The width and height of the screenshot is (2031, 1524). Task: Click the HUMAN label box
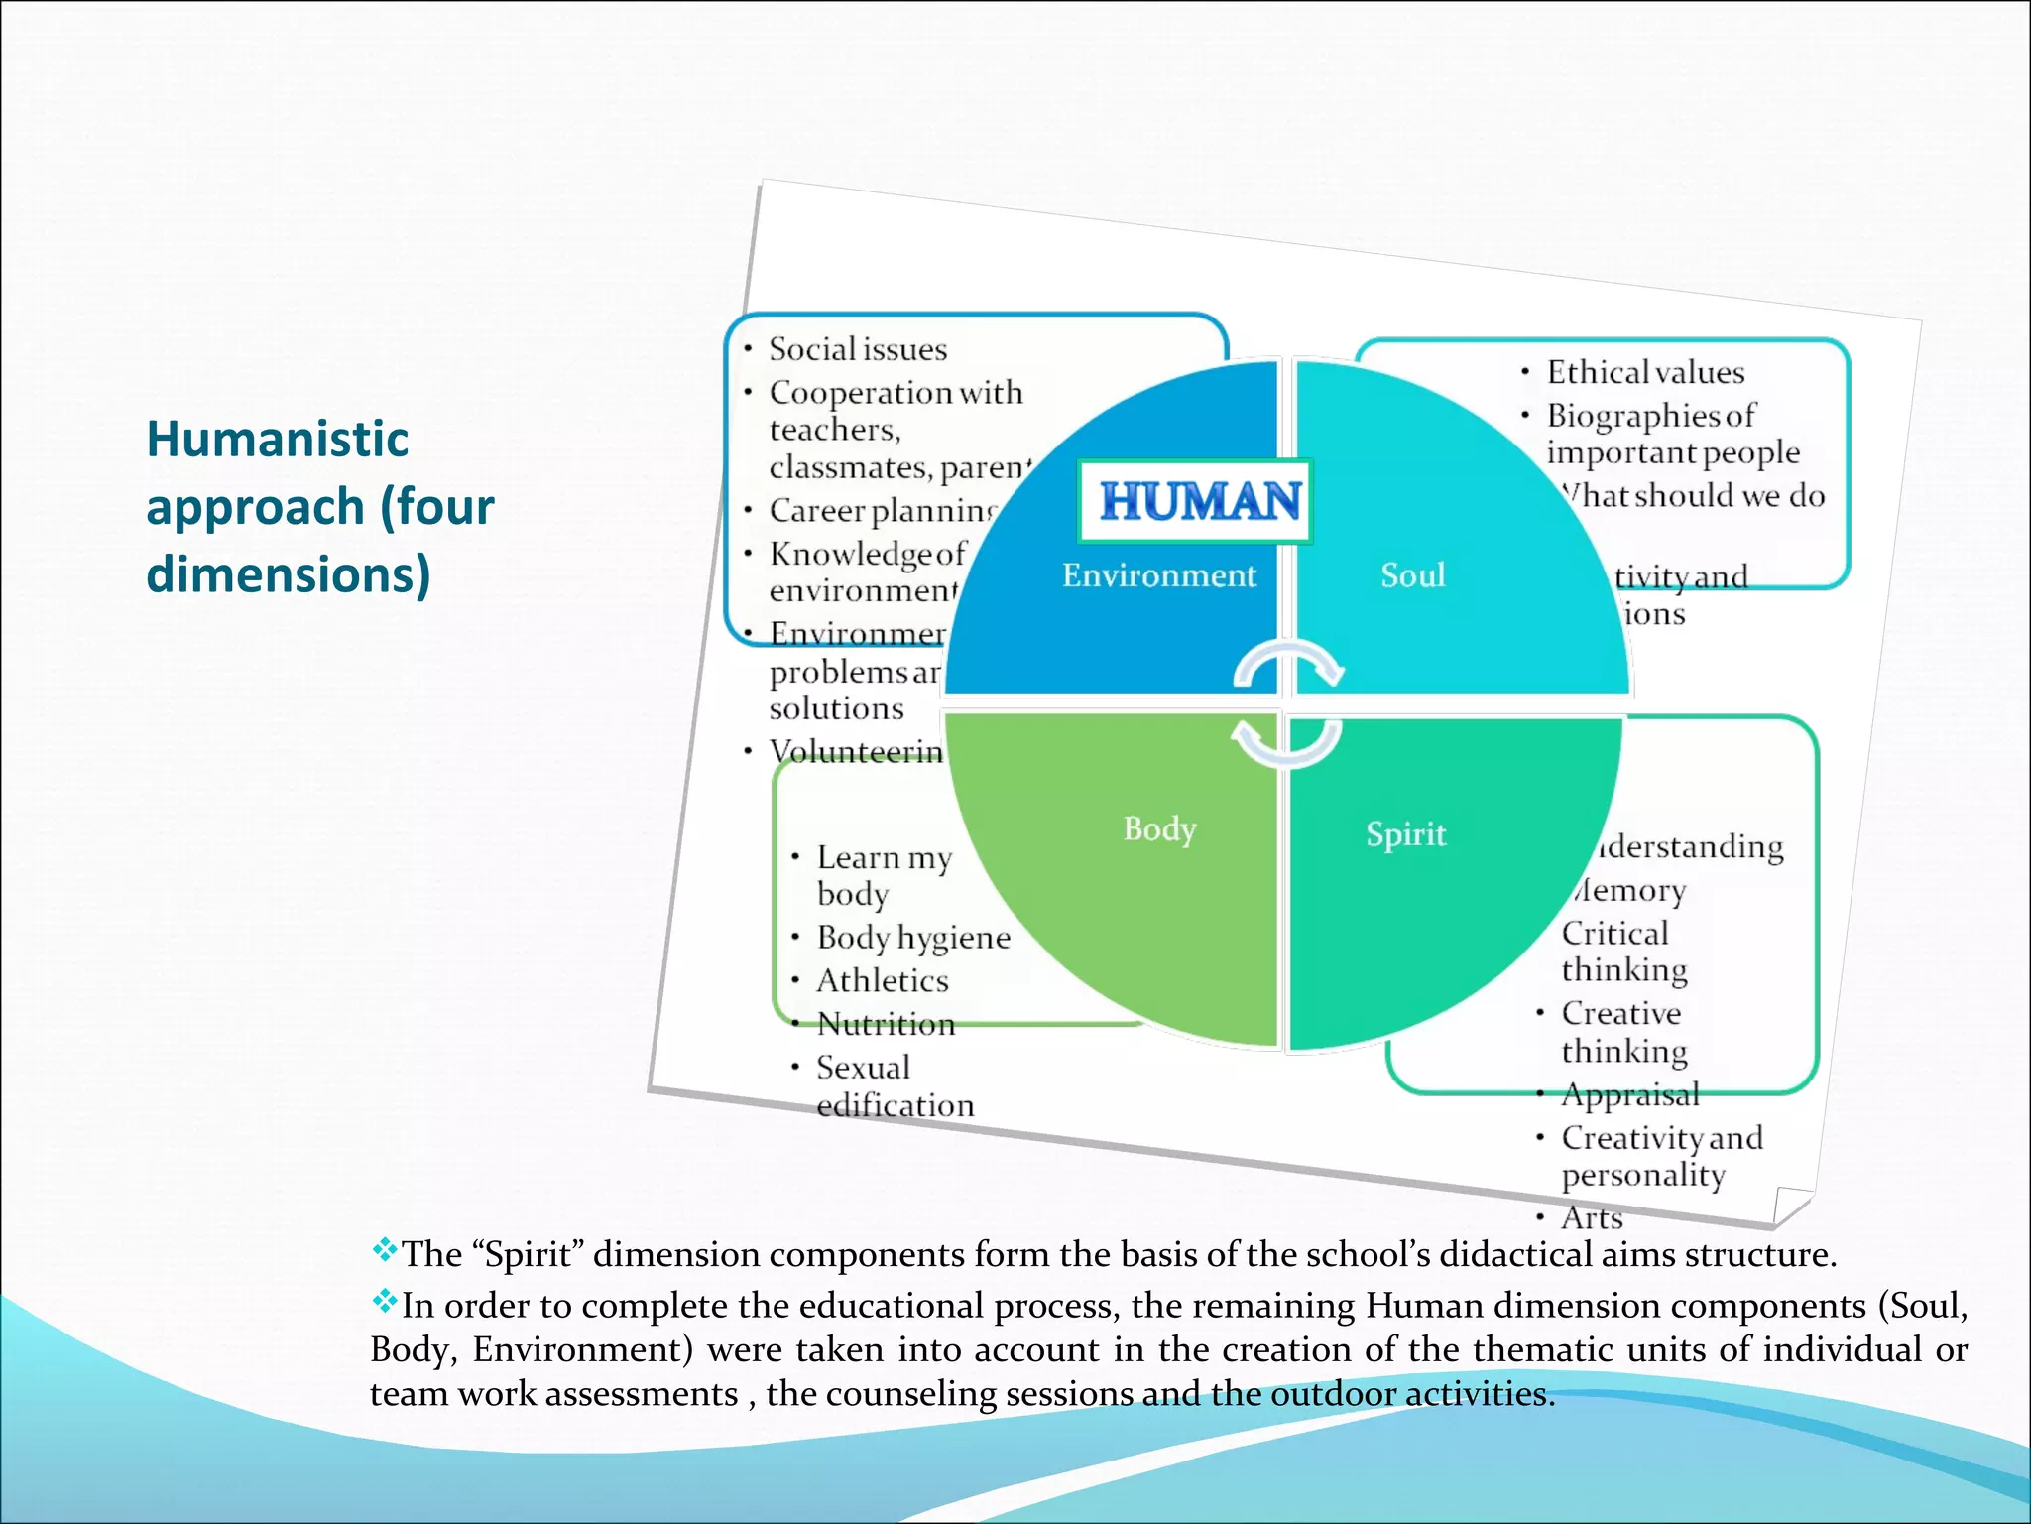tap(1197, 501)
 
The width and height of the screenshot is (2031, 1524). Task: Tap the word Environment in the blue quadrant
tap(1158, 575)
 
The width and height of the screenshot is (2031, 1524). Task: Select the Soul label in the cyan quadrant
tap(1412, 575)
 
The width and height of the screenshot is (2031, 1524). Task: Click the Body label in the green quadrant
tap(1159, 828)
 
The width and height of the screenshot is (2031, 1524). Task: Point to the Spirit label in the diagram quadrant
tap(1405, 834)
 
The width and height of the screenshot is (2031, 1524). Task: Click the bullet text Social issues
tap(858, 349)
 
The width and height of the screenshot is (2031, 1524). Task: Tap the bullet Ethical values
tap(1645, 372)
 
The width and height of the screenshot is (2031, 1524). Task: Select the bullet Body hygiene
tap(913, 938)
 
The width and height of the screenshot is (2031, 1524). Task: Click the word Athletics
tap(883, 981)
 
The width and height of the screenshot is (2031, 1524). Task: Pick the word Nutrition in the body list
tap(886, 1024)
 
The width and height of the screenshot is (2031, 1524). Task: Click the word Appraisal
tap(1630, 1095)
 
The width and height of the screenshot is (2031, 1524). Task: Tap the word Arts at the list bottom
tap(1592, 1217)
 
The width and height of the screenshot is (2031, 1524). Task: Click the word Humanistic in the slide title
tap(278, 439)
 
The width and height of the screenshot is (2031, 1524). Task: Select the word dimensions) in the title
tap(289, 574)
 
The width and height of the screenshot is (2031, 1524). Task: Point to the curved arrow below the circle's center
tap(1285, 744)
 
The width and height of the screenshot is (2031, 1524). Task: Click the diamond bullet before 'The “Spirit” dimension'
tap(385, 1250)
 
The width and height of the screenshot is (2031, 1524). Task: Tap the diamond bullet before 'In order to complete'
tap(385, 1301)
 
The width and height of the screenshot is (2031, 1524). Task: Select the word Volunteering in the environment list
tap(856, 752)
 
